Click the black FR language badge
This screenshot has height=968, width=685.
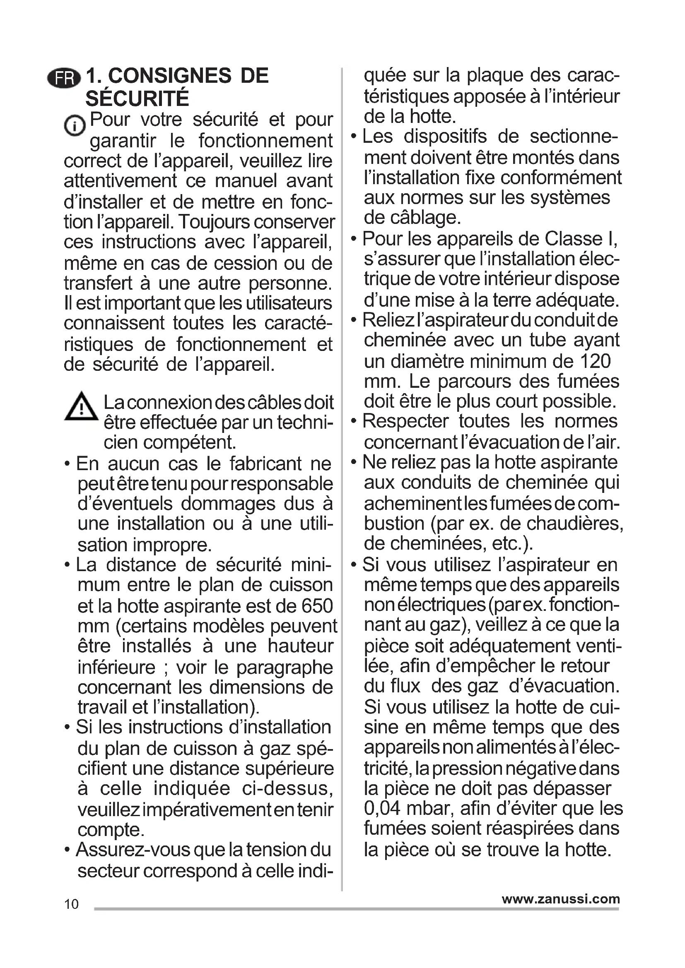64,78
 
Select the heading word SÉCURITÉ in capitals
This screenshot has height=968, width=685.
137,98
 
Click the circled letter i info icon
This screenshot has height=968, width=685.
74,125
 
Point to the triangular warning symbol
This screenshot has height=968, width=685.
82,406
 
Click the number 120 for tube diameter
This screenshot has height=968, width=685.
595,361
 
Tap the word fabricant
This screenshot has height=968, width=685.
265,464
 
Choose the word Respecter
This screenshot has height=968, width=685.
405,421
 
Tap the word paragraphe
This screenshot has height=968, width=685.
285,668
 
